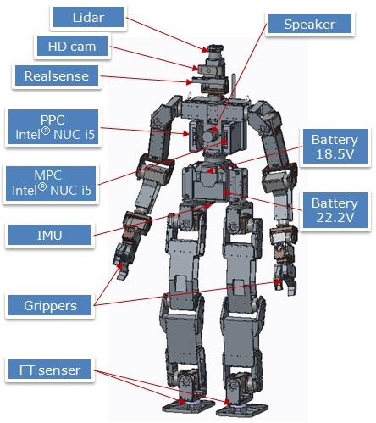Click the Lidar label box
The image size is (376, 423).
tap(88, 17)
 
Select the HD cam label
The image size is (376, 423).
tap(72, 46)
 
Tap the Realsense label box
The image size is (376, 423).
tap(57, 75)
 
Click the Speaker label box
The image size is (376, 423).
tap(310, 24)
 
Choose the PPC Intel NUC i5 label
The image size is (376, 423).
tap(53, 127)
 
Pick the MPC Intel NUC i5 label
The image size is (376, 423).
tap(51, 183)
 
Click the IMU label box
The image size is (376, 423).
tap(50, 235)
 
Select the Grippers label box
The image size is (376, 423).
tap(50, 305)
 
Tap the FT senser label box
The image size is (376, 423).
tap(50, 370)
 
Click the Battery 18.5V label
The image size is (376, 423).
tap(335, 147)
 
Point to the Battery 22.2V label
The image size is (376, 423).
tap(335, 210)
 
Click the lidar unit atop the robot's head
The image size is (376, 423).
tap(215, 49)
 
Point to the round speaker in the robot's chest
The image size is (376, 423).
tap(209, 136)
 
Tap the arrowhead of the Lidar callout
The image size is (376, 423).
tap(205, 50)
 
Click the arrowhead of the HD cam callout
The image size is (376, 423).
tap(196, 68)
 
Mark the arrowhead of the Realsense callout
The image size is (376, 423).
tap(190, 82)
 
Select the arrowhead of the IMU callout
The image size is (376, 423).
tap(208, 206)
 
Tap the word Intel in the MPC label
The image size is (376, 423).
tap(25, 190)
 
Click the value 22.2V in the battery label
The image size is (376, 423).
tap(335, 218)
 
